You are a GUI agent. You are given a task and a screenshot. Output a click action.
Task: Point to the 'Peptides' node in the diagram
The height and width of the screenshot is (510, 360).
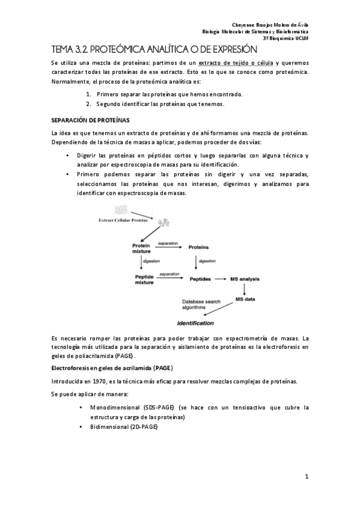(200, 279)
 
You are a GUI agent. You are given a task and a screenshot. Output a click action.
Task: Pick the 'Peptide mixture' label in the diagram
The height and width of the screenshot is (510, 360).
(144, 279)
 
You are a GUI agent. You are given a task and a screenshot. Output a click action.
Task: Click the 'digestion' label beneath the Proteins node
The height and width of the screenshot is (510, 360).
(207, 262)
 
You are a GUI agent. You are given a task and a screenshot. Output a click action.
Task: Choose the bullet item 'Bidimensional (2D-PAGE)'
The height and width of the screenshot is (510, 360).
(123, 426)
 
